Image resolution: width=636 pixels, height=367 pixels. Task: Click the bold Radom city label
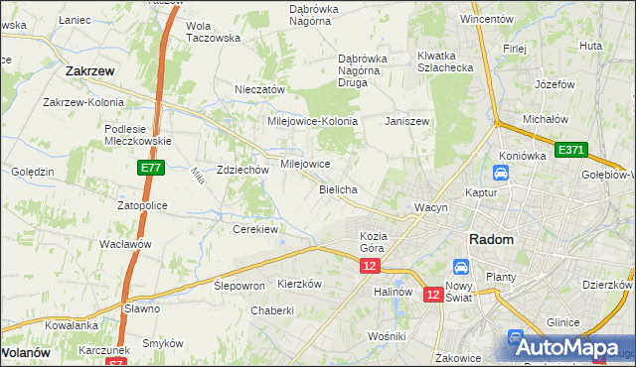491,240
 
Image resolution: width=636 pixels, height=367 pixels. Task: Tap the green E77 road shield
150,170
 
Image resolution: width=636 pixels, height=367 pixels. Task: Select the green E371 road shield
571,150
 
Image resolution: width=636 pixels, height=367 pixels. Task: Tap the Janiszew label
406,121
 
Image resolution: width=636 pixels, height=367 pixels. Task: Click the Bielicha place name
338,188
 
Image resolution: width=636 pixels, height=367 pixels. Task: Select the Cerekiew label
254,229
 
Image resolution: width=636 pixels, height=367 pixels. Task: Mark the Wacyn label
432,207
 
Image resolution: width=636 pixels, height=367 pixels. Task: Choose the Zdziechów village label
243,170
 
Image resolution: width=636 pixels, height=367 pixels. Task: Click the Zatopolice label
142,205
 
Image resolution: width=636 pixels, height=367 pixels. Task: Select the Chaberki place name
272,310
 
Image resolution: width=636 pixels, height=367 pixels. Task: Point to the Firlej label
514,48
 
